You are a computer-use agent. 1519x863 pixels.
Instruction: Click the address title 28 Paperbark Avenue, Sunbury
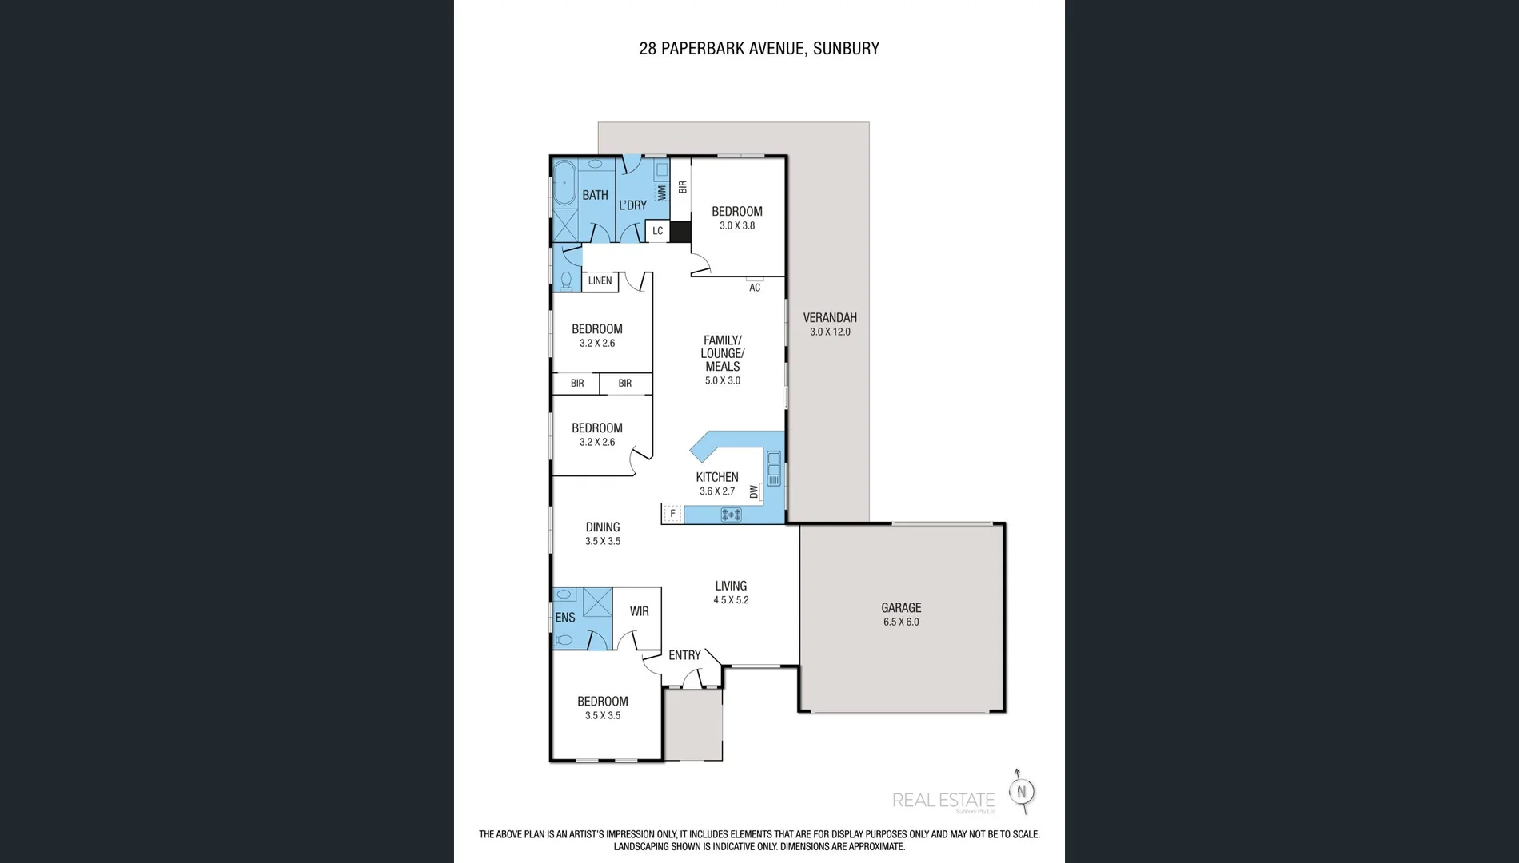[759, 49]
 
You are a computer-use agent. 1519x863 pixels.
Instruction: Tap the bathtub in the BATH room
[564, 184]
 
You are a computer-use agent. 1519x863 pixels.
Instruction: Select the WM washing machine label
[662, 193]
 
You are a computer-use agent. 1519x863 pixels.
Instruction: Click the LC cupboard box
[657, 231]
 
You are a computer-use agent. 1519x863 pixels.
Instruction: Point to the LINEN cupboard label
[600, 281]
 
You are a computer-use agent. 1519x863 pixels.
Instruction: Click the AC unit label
[755, 288]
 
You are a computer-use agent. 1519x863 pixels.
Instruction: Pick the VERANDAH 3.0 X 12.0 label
[830, 324]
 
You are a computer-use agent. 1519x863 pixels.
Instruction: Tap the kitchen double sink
[774, 469]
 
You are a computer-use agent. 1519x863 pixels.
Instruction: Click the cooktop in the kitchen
[731, 515]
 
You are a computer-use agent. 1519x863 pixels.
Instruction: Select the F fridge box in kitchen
[672, 514]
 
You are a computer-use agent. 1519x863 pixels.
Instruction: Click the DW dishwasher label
[753, 492]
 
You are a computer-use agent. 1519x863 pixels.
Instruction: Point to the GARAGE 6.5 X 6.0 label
[901, 614]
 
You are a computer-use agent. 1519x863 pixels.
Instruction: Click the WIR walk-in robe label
[639, 612]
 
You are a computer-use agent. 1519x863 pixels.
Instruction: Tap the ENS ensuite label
[565, 618]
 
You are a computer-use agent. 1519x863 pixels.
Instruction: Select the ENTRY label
[684, 655]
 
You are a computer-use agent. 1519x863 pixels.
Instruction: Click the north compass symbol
[1021, 792]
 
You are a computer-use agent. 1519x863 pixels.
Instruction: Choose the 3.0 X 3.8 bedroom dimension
[737, 226]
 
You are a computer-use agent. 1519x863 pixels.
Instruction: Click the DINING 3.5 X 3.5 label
[603, 534]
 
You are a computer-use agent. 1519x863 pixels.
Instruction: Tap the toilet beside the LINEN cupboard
[566, 280]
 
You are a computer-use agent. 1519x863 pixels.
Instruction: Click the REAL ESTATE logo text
[943, 801]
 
